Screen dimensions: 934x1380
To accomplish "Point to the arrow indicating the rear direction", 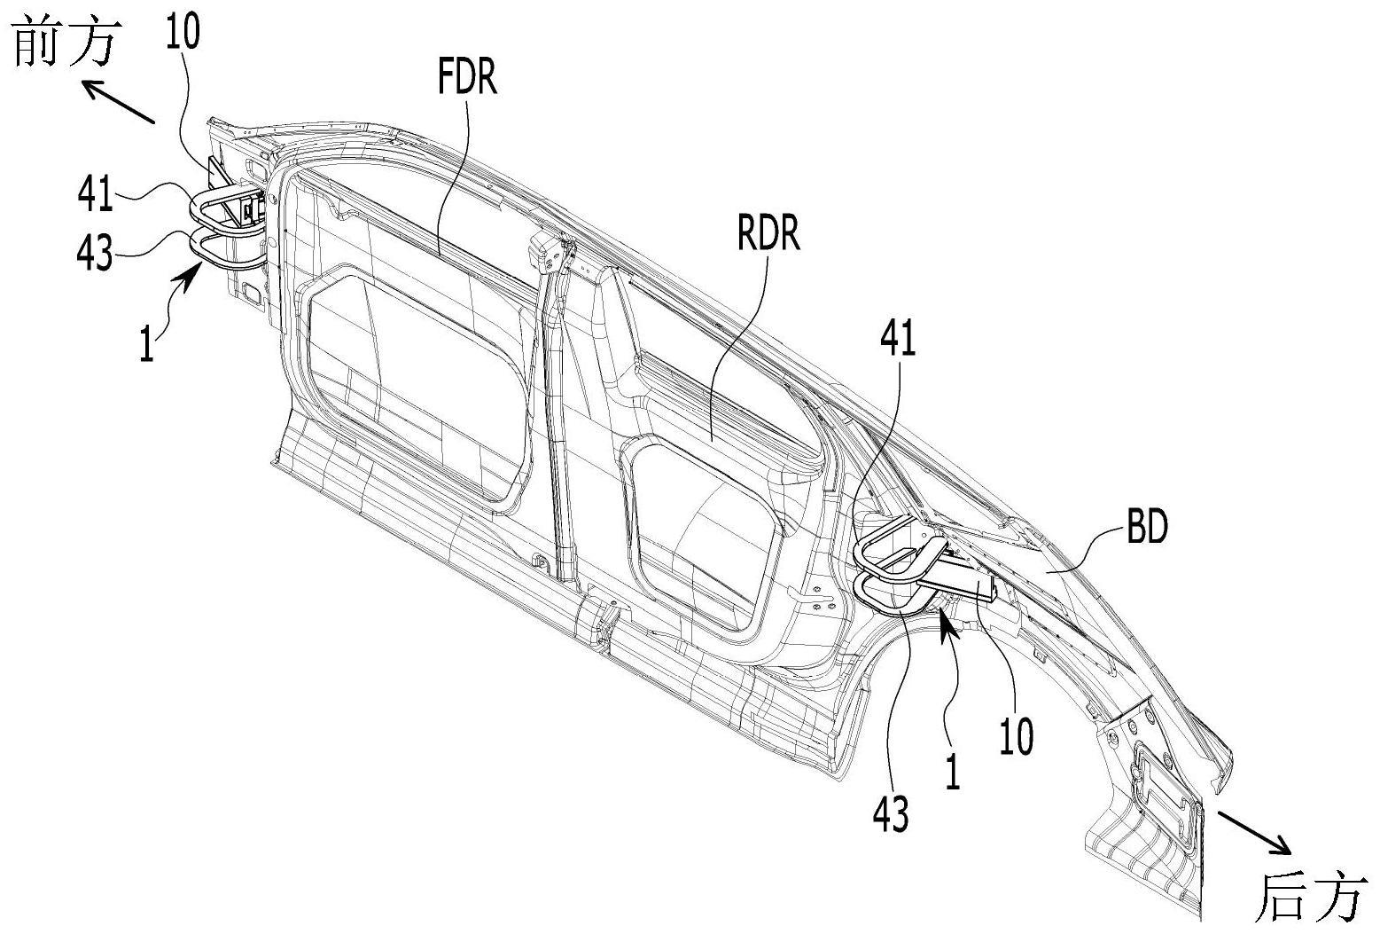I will coord(1253,832).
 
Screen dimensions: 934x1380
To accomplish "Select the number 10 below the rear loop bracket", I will coord(1017,736).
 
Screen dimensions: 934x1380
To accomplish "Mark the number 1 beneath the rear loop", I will coord(953,771).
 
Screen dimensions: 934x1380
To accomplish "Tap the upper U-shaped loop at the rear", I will coord(891,545).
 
